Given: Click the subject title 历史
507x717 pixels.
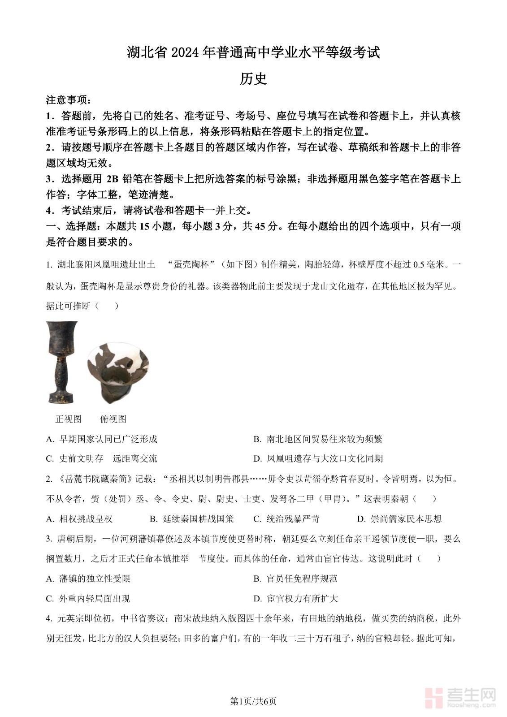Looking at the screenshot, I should (253, 78).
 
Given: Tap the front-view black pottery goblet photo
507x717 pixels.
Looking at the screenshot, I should (62, 362).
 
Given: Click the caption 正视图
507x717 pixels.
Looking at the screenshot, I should (68, 419).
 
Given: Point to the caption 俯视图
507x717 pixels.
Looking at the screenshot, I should (113, 419).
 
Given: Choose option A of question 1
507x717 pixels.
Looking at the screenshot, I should (102, 439).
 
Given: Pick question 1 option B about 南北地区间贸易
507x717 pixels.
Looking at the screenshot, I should (318, 439).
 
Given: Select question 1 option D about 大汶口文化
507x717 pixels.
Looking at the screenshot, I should (318, 459).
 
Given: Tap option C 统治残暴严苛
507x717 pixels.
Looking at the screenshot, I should (286, 519).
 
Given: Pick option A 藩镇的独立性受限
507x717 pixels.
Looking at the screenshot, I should (88, 579).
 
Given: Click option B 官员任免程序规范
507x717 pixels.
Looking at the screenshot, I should (295, 579).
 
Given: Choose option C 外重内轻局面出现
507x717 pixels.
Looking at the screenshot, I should (88, 599).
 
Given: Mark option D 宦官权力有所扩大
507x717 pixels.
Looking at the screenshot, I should (295, 599).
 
